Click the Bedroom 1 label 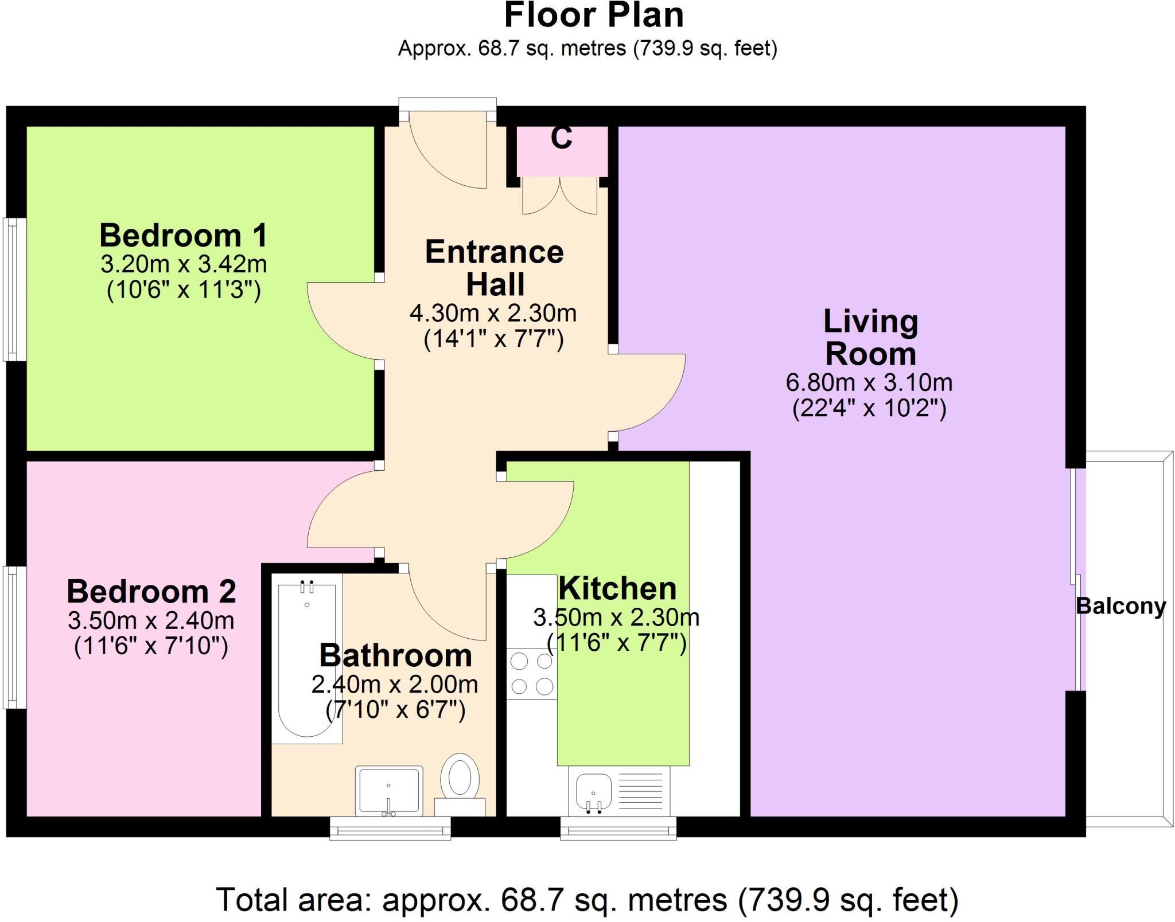[x=183, y=236]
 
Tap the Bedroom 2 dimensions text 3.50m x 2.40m [x=151, y=620]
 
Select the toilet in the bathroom [x=460, y=780]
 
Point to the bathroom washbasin [x=389, y=790]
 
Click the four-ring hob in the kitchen [x=532, y=674]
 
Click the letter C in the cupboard [x=561, y=138]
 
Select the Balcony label [x=1120, y=606]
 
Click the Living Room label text [x=870, y=337]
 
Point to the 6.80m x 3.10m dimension [x=869, y=382]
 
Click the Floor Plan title [x=593, y=16]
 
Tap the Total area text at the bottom [x=587, y=900]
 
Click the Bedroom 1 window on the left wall [x=15, y=289]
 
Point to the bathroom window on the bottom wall [x=390, y=829]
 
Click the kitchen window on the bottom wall [x=618, y=829]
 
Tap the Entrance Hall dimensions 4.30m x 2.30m [x=493, y=313]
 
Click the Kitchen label [x=617, y=589]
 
